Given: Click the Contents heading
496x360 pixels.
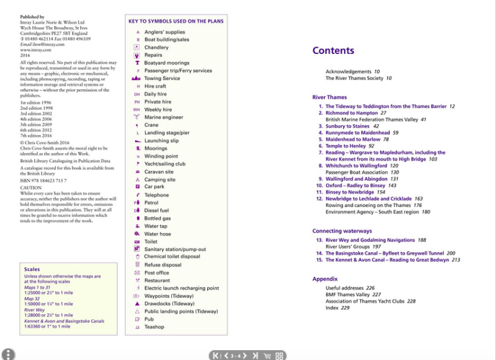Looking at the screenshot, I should (333, 51).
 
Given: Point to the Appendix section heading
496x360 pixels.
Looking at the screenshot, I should (325, 279).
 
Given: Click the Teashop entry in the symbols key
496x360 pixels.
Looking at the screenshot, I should (154, 327).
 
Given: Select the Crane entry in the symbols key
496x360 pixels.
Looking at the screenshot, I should (151, 125).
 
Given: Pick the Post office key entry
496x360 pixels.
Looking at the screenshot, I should (157, 273).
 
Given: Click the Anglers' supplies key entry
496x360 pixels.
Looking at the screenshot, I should (164, 32).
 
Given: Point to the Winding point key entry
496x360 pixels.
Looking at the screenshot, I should (161, 156).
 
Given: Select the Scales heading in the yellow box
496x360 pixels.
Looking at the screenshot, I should (32, 270).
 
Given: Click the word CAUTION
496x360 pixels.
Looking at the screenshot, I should (31, 187).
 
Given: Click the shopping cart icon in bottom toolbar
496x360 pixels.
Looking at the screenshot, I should (267, 355).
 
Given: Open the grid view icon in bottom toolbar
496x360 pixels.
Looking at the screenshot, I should (280, 355).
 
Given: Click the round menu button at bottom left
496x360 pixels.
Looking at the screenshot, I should (8, 354).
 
